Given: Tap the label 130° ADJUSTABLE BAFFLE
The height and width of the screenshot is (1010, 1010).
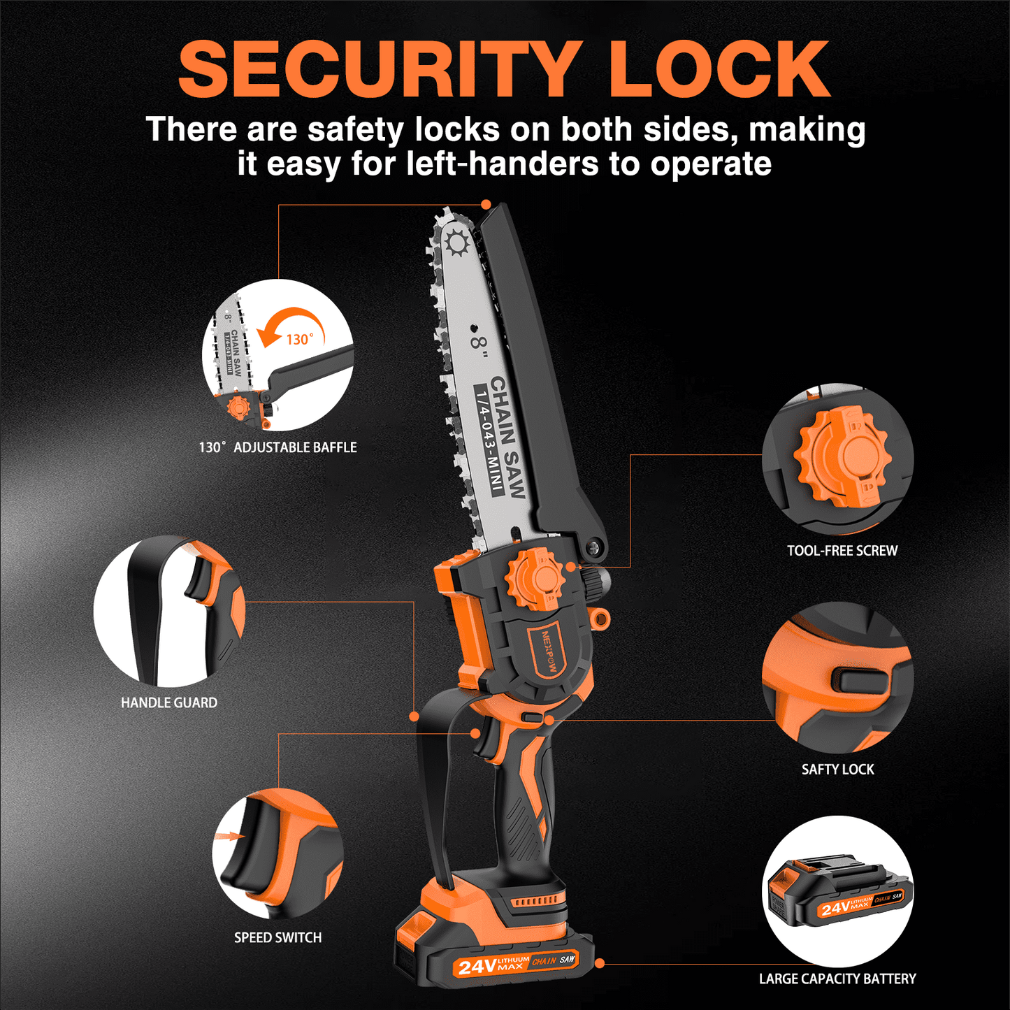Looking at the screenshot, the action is coord(277,447).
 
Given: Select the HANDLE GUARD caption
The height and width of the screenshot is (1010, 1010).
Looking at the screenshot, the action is coord(168,702).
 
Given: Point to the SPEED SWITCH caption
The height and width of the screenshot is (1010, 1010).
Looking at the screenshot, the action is coord(277,937).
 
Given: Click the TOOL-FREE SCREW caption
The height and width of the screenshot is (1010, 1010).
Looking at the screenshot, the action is coord(842,550).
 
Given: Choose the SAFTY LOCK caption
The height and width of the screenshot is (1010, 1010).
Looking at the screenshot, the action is coord(837,769).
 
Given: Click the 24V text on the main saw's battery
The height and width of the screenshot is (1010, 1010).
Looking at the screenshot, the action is coord(476,966).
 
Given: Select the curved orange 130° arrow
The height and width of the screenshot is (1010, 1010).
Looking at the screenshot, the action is coord(294,325).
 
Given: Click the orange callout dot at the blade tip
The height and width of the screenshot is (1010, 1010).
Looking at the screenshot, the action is coord(486,204).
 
